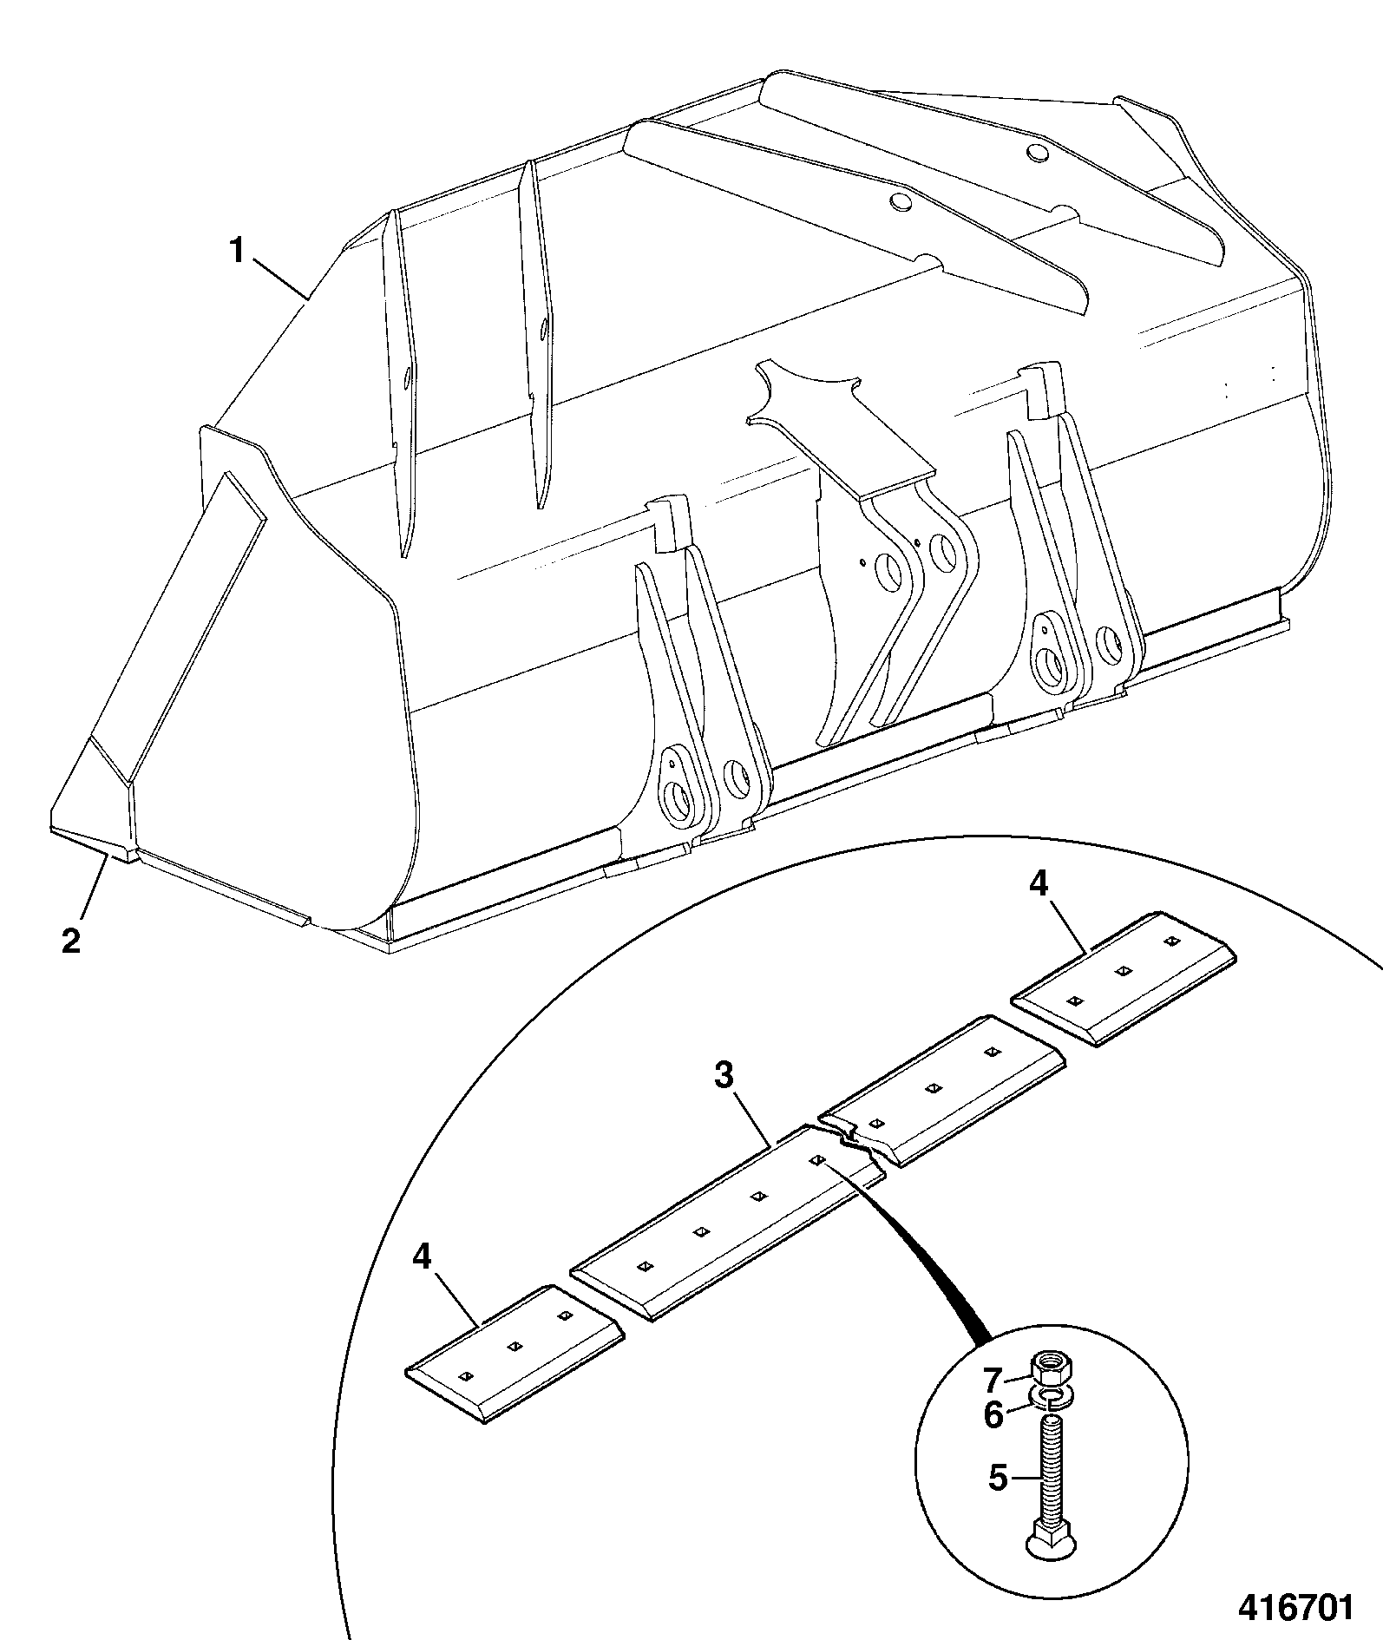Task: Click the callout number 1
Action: [x=236, y=252]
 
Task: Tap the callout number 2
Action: [x=71, y=940]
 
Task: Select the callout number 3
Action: [x=724, y=1076]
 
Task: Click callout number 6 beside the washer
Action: [x=993, y=1415]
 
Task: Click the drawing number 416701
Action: [x=1295, y=1608]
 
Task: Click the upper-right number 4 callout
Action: [x=1039, y=883]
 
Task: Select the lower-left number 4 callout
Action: [x=422, y=1256]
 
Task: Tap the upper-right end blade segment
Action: [x=1124, y=978]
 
